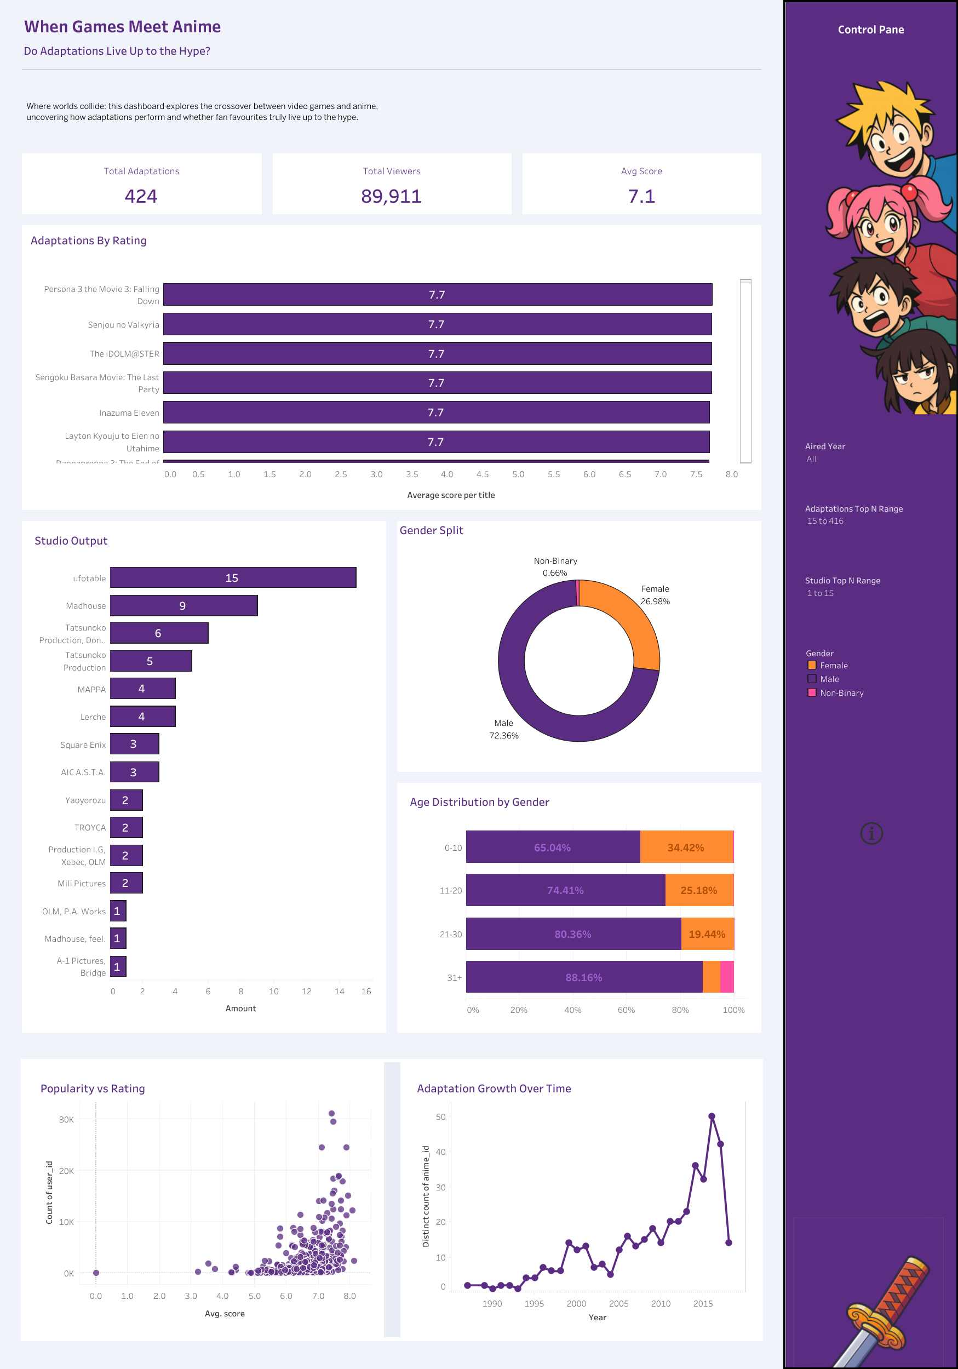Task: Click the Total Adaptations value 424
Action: [x=141, y=196]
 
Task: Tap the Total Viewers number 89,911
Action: [x=391, y=196]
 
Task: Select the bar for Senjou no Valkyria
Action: [x=437, y=324]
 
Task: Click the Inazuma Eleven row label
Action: [x=129, y=413]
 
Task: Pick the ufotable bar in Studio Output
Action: [x=232, y=578]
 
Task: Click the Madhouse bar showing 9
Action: [x=183, y=606]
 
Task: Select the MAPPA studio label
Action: [x=91, y=689]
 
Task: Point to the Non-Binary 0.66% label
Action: [x=555, y=567]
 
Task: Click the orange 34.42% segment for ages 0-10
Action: [x=686, y=847]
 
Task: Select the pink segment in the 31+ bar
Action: [x=727, y=977]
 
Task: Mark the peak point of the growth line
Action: [x=711, y=1116]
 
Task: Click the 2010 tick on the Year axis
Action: [x=661, y=1303]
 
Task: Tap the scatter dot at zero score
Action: [x=96, y=1273]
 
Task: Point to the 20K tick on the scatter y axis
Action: [x=67, y=1171]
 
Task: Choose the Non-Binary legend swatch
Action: [x=811, y=693]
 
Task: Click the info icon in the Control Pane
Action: [x=871, y=834]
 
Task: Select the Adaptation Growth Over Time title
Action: [x=494, y=1089]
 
